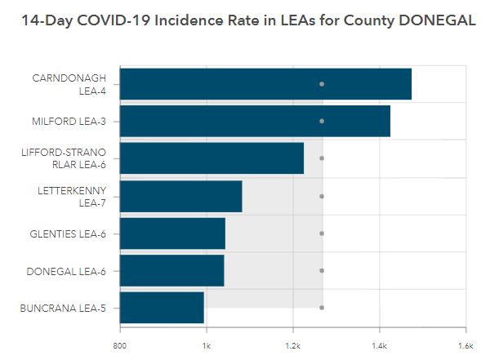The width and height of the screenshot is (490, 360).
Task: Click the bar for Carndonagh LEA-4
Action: (265, 84)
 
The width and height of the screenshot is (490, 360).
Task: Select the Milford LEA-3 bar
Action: (255, 121)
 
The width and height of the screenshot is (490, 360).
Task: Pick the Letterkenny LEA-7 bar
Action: (181, 196)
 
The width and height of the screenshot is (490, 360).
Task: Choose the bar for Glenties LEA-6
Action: (172, 233)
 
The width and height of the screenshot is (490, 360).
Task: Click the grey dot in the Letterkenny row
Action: (322, 196)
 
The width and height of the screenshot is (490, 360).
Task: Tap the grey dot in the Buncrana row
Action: (322, 308)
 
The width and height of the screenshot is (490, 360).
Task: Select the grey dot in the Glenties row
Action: (322, 233)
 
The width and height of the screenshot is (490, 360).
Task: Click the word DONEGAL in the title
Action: (433, 20)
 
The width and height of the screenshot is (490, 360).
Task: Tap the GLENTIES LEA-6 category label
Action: (71, 233)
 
